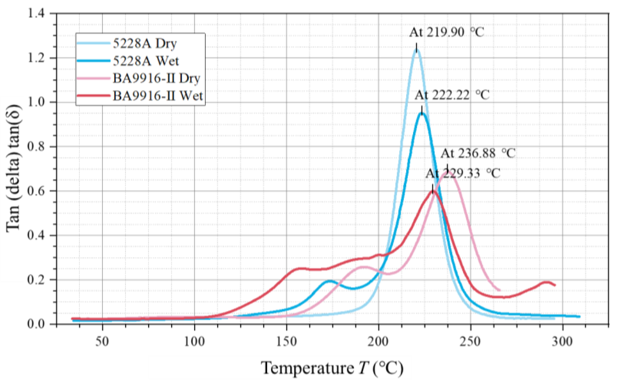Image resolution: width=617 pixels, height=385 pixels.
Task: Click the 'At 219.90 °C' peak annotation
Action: [x=446, y=33]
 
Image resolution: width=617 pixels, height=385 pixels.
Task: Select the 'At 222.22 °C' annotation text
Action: [x=452, y=95]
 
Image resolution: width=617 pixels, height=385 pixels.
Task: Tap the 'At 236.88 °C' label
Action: [x=478, y=153]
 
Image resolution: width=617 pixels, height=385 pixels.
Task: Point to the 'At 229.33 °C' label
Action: [x=463, y=173]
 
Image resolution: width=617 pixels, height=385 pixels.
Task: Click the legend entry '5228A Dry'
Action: [x=145, y=44]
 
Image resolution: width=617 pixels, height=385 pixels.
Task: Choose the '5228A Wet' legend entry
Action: [x=146, y=61]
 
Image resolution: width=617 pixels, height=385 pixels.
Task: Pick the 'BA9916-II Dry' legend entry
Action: [x=156, y=78]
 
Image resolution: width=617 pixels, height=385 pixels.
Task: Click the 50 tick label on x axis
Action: [x=102, y=341]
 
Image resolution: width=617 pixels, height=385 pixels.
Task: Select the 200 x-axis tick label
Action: [x=378, y=341]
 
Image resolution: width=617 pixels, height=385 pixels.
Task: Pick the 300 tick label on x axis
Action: [x=562, y=341]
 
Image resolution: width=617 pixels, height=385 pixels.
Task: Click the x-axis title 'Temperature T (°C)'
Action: [x=332, y=368]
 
